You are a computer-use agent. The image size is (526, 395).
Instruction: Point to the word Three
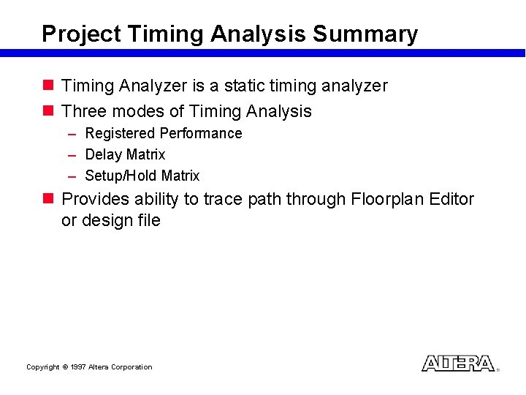tap(85, 112)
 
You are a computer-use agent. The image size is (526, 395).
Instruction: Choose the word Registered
tap(120, 134)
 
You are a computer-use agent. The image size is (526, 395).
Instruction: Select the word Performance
tap(201, 134)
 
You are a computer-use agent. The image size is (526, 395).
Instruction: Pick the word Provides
tap(95, 200)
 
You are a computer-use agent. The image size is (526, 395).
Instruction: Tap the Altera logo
tap(458, 364)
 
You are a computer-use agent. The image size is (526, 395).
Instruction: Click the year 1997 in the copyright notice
tap(77, 367)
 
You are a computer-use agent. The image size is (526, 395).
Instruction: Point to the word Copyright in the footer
tap(42, 367)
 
